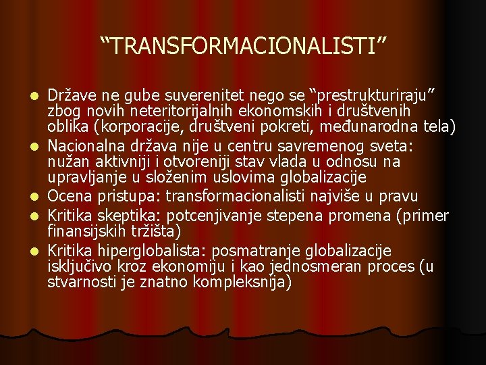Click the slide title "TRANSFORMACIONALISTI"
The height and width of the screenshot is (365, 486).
tap(244, 47)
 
